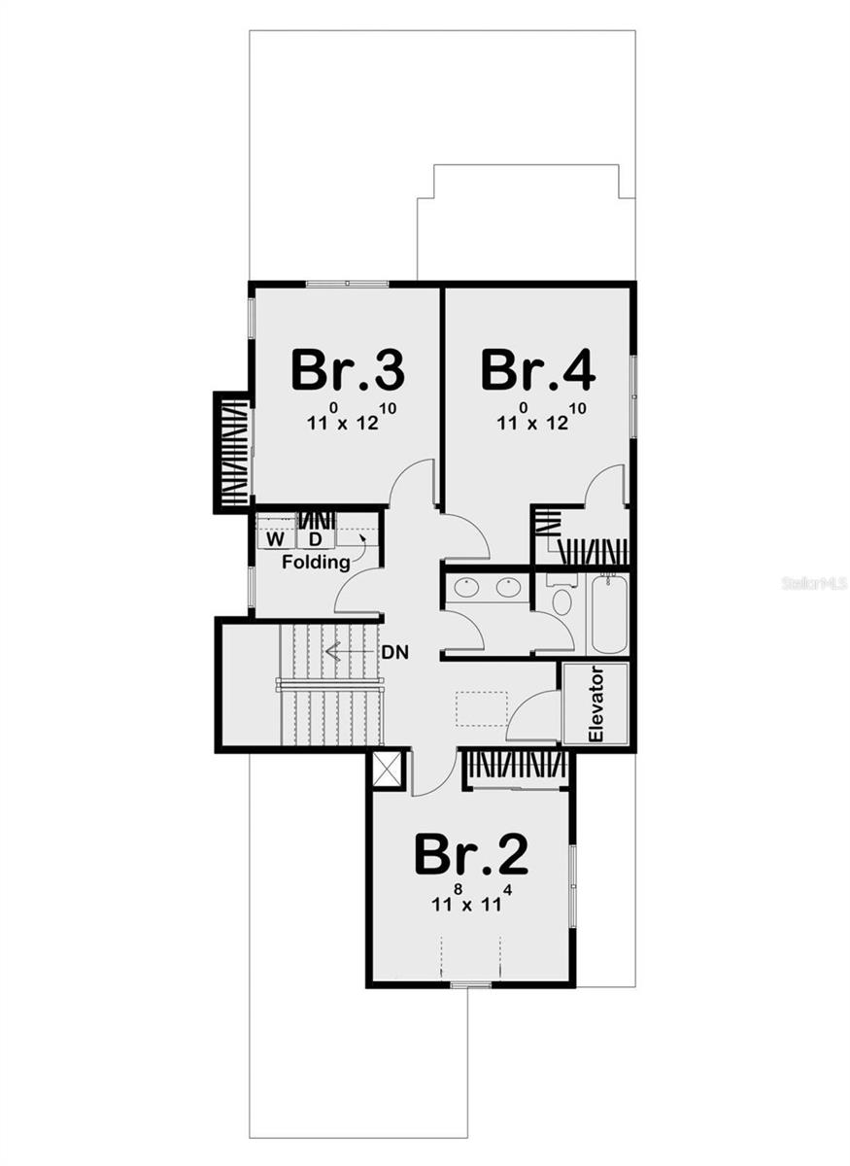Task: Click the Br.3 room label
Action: tap(347, 370)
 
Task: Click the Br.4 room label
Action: tap(537, 370)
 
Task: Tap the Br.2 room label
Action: tap(471, 854)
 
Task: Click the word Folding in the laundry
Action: tap(316, 563)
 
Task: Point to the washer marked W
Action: tap(276, 538)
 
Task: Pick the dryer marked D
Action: tap(315, 538)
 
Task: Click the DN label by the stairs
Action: tap(394, 652)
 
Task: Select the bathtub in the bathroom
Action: tap(608, 614)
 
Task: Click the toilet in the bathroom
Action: tap(561, 597)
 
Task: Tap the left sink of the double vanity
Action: tap(467, 587)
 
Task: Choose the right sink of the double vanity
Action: tap(507, 587)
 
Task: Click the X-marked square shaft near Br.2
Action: tap(387, 770)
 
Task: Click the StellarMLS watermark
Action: tap(814, 583)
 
